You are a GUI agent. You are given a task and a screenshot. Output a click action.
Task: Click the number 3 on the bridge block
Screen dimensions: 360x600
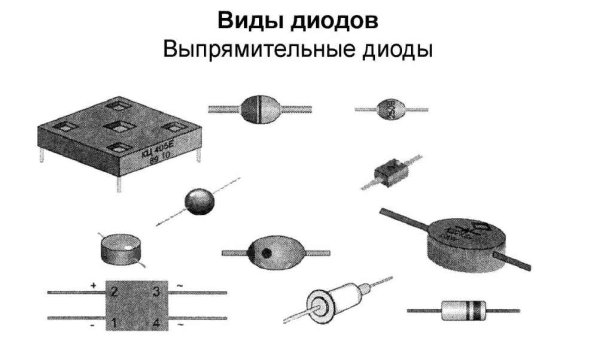[x=158, y=292]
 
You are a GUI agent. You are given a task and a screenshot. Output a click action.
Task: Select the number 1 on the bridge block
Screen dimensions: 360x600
[x=115, y=323]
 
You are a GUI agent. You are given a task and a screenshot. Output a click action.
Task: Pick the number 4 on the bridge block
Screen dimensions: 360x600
[x=158, y=323]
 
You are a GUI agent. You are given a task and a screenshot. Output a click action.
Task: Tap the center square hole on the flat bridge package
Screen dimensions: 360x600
[x=118, y=127]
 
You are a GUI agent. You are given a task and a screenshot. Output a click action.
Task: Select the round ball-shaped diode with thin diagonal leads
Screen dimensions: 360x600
[x=200, y=201]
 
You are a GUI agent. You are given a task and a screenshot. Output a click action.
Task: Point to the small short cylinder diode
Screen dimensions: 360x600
[x=119, y=247]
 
